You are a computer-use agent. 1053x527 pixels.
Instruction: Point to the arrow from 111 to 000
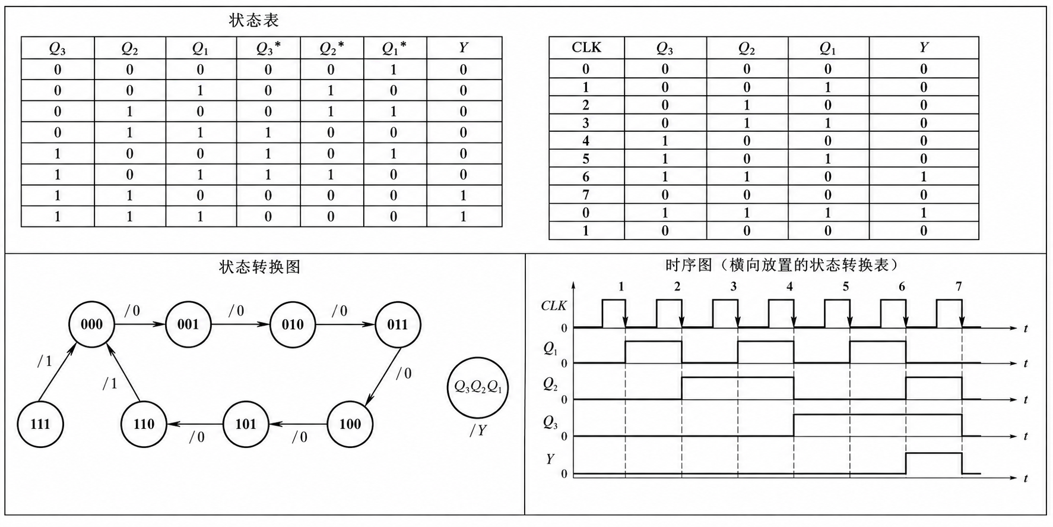point(56,371)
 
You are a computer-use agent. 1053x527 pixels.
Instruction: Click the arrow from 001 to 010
point(240,324)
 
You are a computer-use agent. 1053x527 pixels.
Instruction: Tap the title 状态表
point(253,21)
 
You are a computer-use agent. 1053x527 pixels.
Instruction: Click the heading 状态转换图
point(260,267)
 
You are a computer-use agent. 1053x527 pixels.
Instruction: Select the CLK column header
point(586,48)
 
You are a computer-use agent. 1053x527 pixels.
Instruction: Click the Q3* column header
point(268,48)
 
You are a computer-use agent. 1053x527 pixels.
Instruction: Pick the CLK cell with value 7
point(586,194)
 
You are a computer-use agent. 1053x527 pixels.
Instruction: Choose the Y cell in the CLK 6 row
point(924,176)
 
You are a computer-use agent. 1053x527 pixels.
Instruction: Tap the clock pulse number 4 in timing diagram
point(789,287)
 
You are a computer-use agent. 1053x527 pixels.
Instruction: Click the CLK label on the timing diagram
point(554,306)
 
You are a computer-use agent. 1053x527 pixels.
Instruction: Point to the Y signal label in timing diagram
point(550,459)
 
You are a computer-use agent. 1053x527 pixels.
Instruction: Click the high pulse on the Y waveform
point(934,454)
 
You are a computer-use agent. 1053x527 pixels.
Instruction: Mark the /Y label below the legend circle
point(478,431)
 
